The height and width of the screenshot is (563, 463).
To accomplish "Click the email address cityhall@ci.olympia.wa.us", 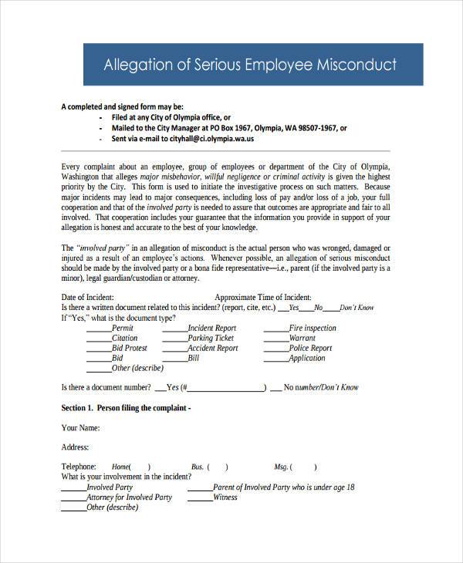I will pos(210,140).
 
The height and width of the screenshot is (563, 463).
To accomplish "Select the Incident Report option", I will pos(212,328).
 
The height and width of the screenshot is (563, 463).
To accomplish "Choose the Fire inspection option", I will pos(313,328).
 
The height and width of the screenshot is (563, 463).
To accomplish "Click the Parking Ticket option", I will pos(211,338).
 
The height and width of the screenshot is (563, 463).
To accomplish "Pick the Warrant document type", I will pos(302,338).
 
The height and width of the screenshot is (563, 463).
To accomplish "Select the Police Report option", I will pos(310,348).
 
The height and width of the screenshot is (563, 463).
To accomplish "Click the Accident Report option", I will pos(212,348).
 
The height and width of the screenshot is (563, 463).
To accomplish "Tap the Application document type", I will pos(307,358).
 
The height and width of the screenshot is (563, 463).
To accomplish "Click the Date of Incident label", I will pos(87,297).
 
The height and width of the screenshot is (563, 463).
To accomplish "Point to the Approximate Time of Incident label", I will pos(262,297).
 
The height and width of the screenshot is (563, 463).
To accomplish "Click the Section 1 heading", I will pos(125,407).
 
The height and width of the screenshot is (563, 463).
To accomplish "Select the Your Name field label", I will pos(79,427).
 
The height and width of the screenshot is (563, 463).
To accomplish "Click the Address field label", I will pos(75,447).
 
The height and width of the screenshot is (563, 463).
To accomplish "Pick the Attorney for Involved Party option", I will pos(129,497).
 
